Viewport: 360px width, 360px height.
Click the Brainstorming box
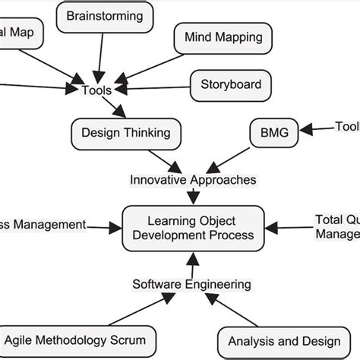click(104, 16)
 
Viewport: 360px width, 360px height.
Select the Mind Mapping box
click(223, 36)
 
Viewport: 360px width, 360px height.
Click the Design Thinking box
click(126, 134)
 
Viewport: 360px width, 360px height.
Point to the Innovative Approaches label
click(193, 180)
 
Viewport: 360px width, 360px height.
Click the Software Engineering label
click(191, 285)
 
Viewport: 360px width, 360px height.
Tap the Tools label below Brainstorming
click(96, 90)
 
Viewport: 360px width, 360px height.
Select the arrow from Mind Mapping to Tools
click(148, 65)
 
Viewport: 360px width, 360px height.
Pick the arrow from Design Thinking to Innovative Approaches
click(163, 157)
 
